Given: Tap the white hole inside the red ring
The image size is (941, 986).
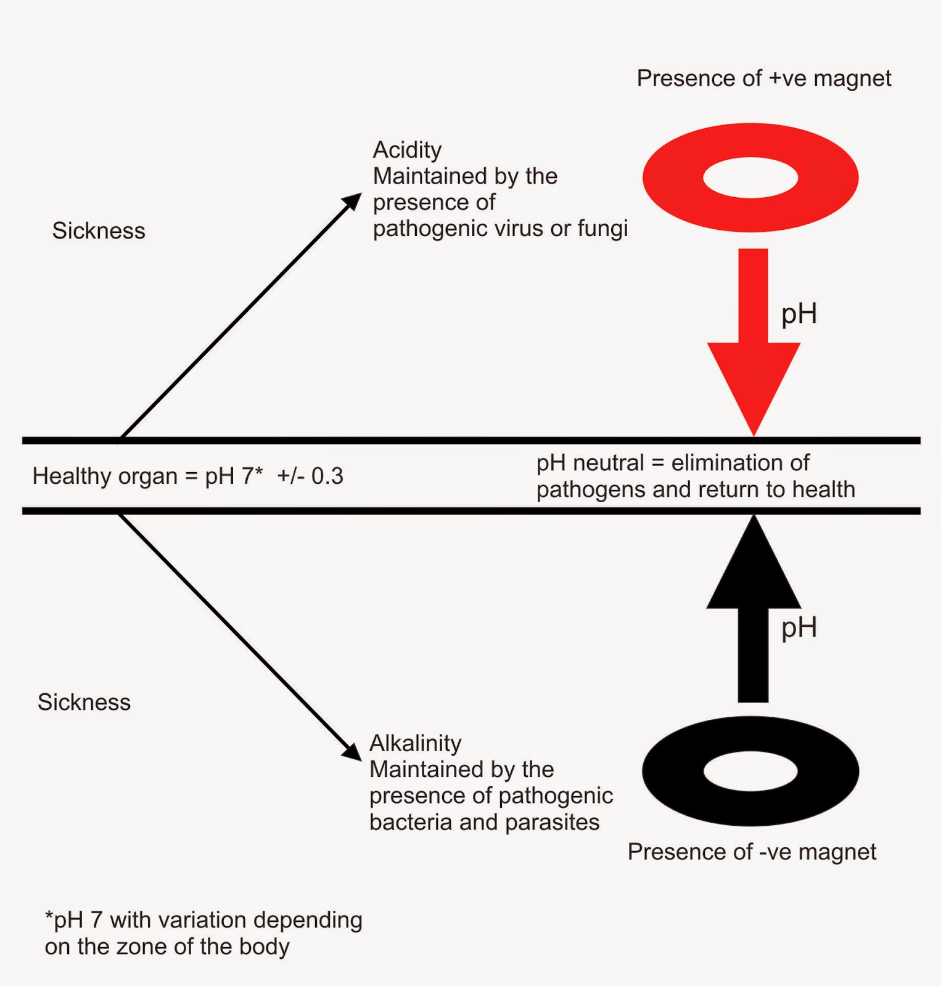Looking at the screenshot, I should point(750,177).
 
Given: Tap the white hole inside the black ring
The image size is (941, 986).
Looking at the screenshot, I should point(750,771).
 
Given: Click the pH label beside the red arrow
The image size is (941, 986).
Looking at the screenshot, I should point(799,314).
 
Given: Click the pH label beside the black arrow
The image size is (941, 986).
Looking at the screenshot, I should point(799,628).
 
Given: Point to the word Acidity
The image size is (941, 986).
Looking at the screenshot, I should point(407,150).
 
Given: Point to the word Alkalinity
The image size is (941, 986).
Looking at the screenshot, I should point(415,743).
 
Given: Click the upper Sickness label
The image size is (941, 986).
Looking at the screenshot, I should point(99,230).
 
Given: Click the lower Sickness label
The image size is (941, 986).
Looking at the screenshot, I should point(84,702).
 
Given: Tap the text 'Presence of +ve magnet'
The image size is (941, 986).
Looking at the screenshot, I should point(763,78).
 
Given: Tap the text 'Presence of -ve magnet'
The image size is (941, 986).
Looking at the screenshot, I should point(751,852).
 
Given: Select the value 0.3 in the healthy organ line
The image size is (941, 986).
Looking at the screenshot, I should point(327,476).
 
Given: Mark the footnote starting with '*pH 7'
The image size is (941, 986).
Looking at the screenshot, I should point(203,932).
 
